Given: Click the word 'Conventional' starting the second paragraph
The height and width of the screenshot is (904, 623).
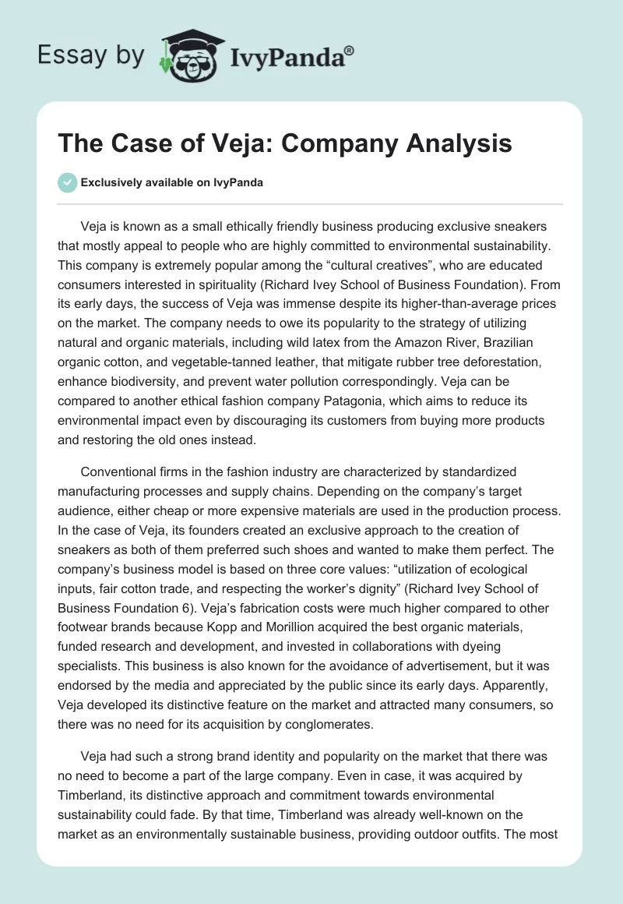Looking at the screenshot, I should pos(121,472).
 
